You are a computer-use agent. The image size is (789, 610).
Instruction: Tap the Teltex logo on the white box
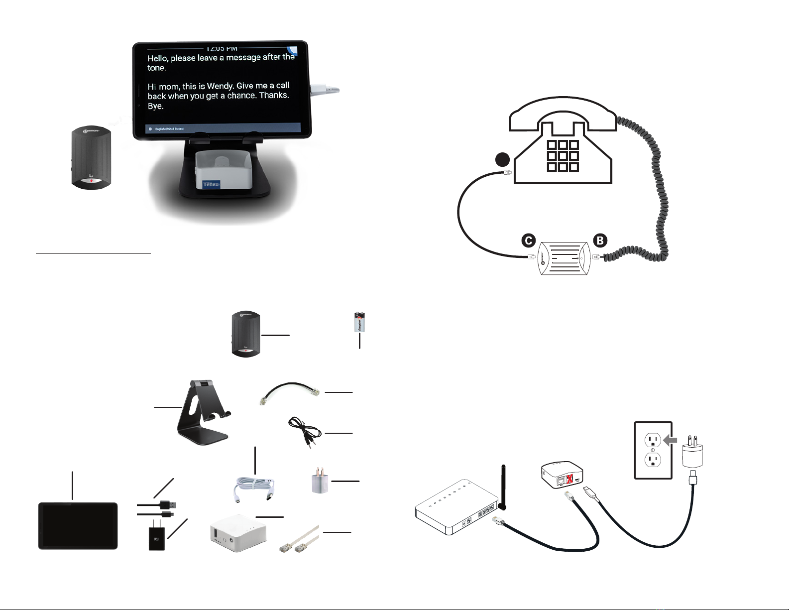211,185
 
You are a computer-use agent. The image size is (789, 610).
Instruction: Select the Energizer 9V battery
359,322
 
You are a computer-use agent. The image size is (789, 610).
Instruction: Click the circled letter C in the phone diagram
528,241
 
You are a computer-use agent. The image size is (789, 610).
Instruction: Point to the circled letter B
600,241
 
